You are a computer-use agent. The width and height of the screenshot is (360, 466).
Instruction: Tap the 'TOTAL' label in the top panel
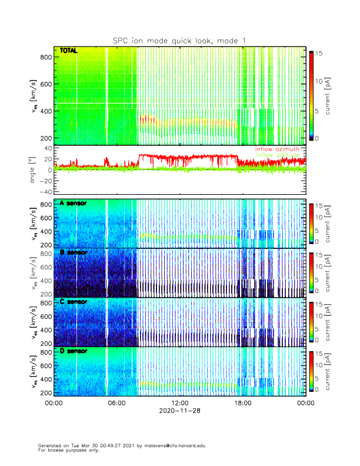point(69,51)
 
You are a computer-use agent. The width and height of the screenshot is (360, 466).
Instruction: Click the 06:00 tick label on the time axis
point(116,403)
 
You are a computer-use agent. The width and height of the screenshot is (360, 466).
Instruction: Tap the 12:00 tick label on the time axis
point(179,403)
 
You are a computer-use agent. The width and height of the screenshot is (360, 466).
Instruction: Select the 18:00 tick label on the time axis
point(242,403)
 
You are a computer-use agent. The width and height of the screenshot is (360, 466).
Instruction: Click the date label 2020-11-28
point(179,411)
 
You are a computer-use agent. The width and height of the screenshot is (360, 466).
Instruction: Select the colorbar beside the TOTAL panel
point(311,95)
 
